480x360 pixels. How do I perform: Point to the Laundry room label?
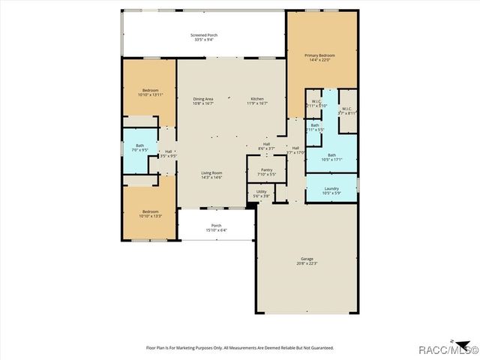331,189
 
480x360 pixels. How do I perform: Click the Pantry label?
266,169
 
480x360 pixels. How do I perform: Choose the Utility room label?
261,191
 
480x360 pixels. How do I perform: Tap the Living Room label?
211,173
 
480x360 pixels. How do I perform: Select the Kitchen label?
257,99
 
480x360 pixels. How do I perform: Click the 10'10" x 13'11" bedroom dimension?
151,95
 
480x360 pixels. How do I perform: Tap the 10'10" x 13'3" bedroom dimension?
151,216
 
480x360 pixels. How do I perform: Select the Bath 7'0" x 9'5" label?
139,146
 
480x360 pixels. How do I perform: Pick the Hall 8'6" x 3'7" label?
266,144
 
